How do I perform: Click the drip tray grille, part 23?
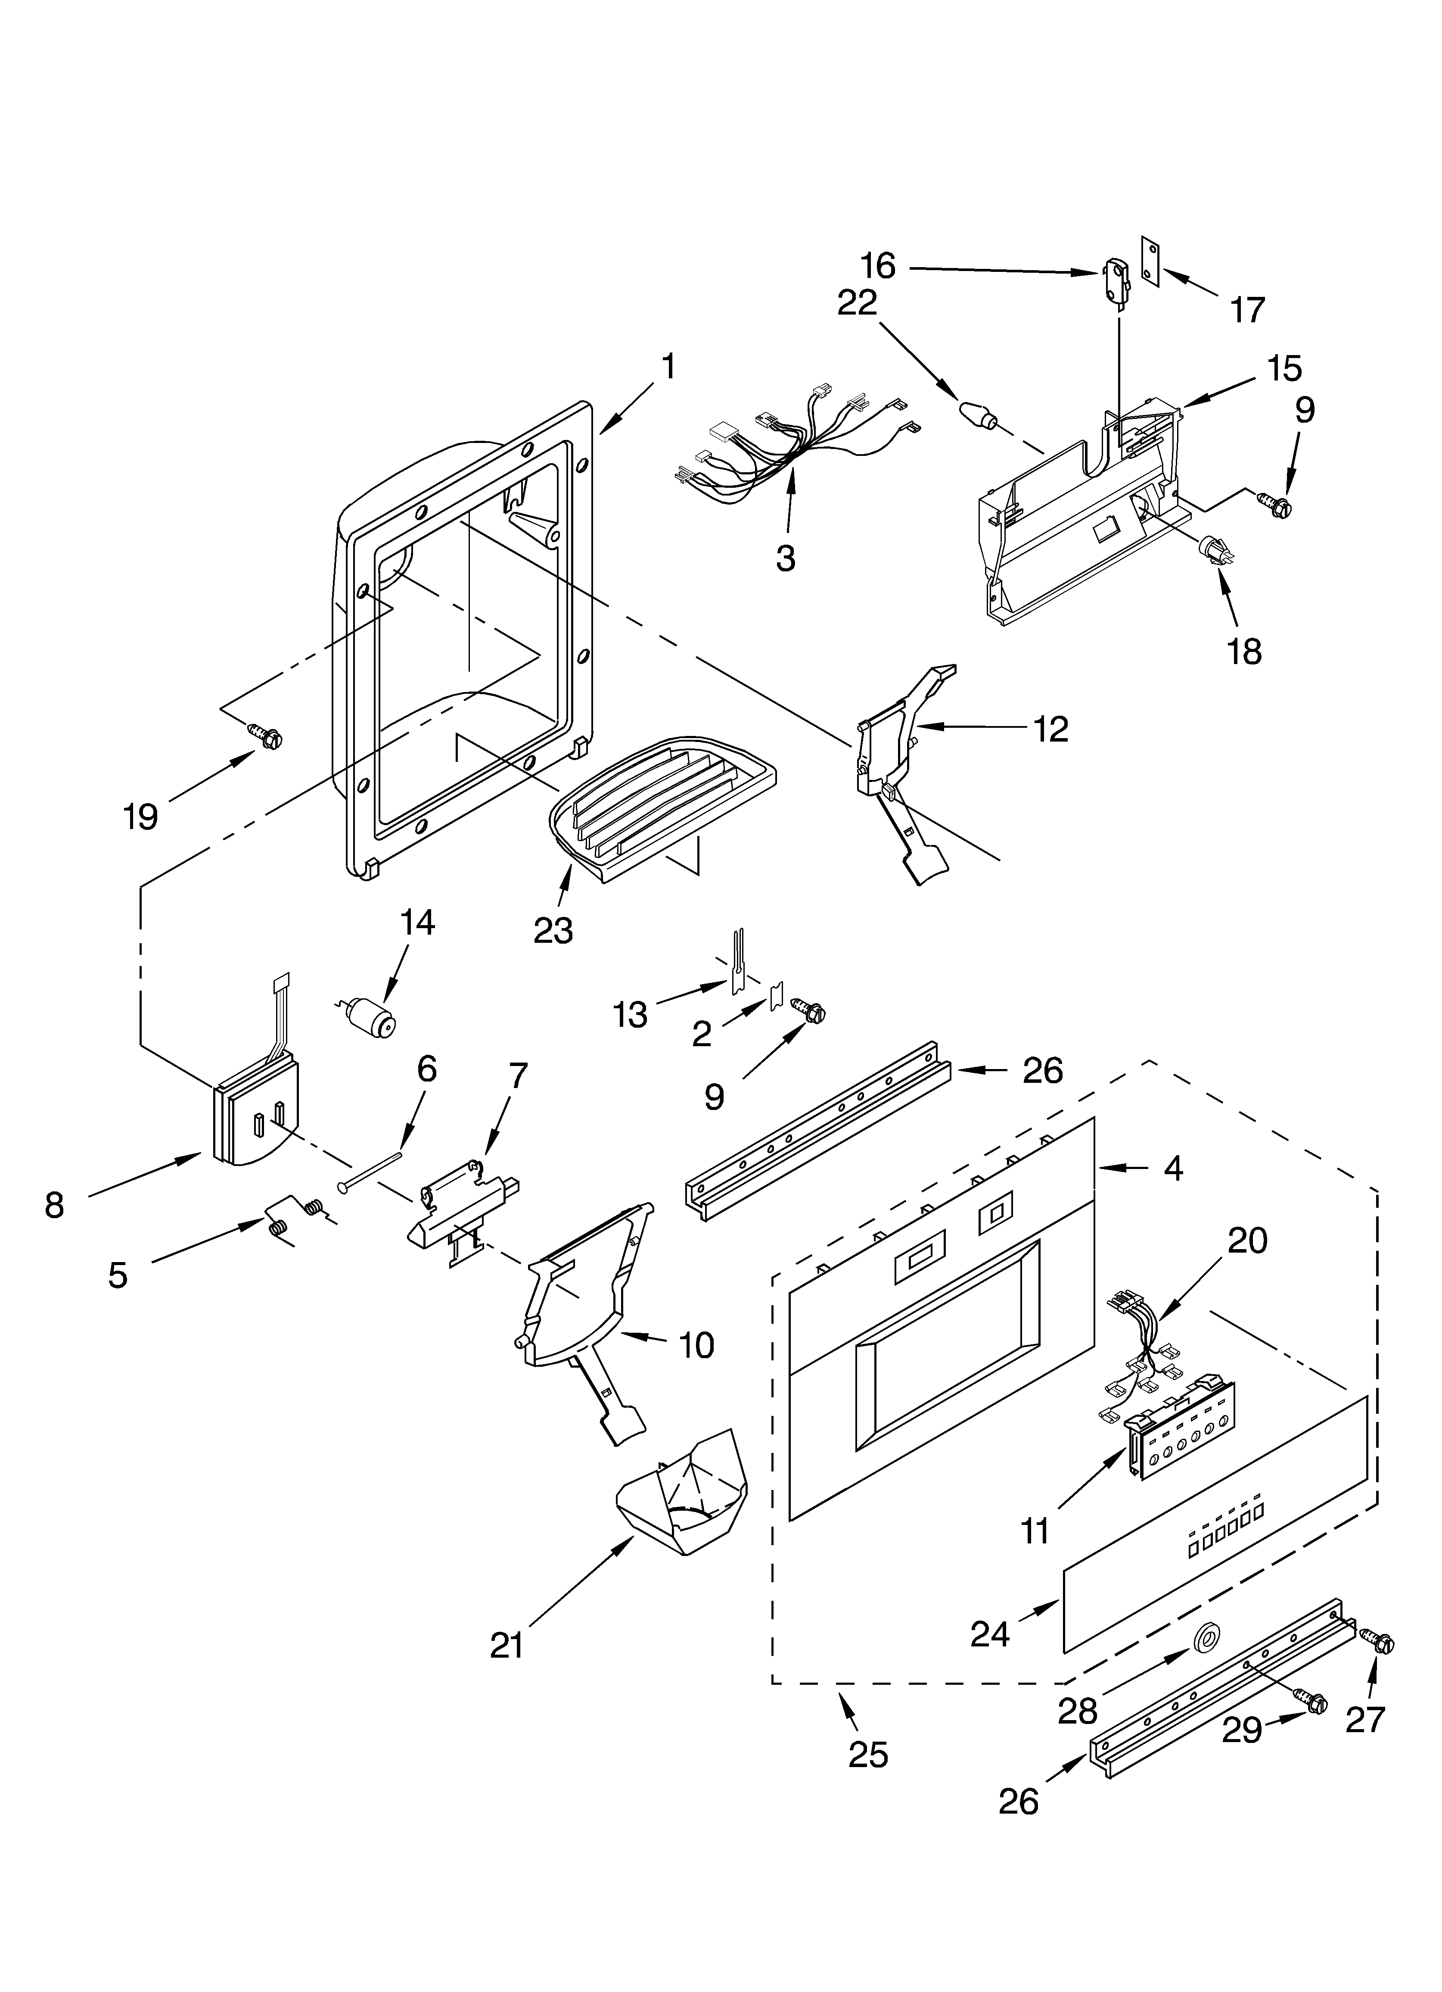[663, 804]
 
